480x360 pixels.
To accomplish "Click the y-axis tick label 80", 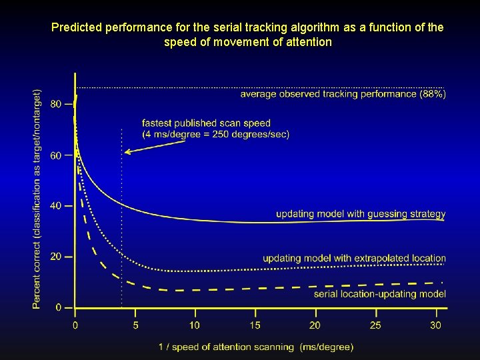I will coord(55,104).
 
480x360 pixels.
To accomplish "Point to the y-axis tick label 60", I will coord(55,155).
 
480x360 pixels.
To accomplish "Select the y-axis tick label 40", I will coord(55,205).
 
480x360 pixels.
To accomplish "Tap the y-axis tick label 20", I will coord(55,257).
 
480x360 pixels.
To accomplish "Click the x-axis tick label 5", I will coord(136,325).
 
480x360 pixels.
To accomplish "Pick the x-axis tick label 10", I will coord(194,325).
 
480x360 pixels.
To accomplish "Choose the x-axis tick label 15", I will coord(255,325).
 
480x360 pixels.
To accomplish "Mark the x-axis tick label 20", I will coord(315,325).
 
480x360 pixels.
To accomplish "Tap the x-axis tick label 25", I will coord(375,325).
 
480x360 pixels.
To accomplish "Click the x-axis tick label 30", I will coord(435,325).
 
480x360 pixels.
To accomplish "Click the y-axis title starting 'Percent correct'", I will coord(37,199).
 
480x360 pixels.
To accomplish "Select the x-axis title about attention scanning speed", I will coord(256,347).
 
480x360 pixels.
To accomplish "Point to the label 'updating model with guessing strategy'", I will coord(361,214).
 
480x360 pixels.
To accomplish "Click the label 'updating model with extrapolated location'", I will coord(354,258).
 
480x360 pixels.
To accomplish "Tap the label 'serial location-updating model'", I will coord(379,294).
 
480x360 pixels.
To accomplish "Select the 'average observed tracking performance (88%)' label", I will coord(343,94).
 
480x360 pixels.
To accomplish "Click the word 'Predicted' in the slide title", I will coord(74,28).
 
